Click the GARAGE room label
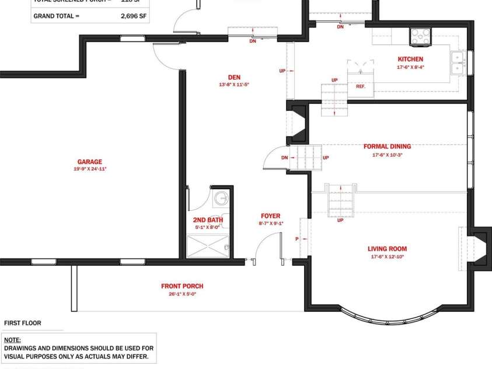(89, 162)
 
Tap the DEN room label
(234, 77)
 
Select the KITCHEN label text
(410, 59)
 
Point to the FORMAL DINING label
(387, 147)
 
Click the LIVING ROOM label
(387, 249)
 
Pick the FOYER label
(270, 216)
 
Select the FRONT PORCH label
(182, 286)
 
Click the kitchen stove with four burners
(418, 36)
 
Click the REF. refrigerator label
(360, 86)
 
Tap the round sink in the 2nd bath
(221, 199)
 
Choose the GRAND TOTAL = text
(57, 16)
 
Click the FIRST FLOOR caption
(23, 323)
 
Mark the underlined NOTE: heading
(12, 339)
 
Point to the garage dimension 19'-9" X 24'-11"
(89, 169)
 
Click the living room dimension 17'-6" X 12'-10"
(387, 257)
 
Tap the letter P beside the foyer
(297, 239)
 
